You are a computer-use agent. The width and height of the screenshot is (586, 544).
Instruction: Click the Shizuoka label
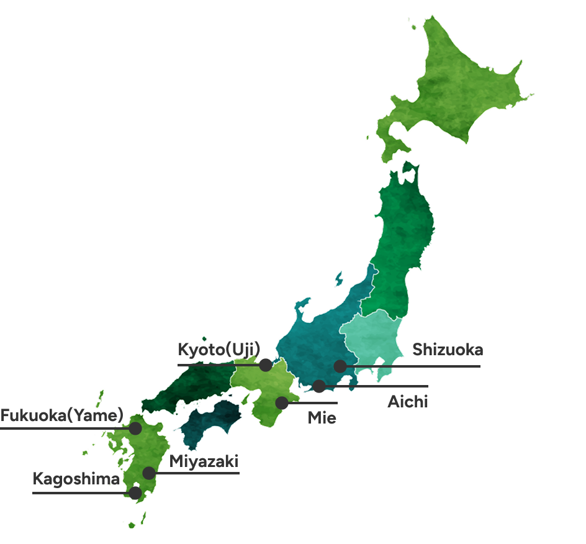click(448, 350)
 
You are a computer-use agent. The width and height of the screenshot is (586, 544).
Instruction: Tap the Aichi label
click(408, 402)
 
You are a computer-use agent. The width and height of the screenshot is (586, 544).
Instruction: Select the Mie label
click(322, 418)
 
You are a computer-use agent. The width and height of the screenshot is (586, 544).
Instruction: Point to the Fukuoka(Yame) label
click(61, 414)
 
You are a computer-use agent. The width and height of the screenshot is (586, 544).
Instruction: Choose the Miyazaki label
click(204, 462)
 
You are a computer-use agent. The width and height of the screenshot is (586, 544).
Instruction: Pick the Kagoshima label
click(76, 479)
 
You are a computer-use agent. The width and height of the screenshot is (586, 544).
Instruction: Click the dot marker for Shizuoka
click(340, 366)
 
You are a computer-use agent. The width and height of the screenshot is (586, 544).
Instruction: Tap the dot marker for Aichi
click(318, 386)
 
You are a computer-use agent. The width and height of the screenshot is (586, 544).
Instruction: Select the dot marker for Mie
click(282, 402)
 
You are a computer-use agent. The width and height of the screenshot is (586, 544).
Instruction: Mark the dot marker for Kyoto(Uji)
click(266, 365)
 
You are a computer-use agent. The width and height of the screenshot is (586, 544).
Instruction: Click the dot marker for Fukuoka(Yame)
click(135, 428)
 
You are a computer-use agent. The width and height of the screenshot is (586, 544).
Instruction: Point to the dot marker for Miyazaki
click(149, 473)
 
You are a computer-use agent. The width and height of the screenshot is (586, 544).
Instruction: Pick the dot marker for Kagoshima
click(135, 493)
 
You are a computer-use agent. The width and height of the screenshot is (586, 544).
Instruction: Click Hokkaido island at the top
click(459, 87)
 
